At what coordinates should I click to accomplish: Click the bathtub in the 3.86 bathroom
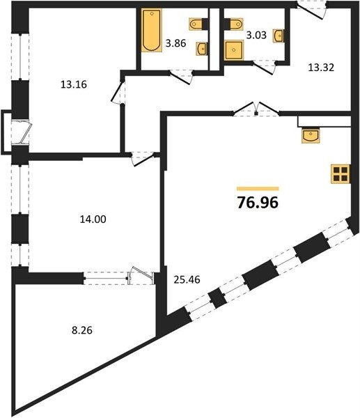[152, 30]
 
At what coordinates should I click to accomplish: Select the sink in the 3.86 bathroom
[202, 49]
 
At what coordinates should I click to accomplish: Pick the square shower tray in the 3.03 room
[234, 50]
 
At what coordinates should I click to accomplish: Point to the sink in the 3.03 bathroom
[279, 36]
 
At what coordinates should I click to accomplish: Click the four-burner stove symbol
[341, 174]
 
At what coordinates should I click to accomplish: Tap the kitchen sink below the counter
[311, 135]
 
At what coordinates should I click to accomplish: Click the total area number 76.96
[258, 202]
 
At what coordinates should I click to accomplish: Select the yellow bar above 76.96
[258, 189]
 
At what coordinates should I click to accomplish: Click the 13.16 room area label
[74, 84]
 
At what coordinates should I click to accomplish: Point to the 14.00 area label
[93, 219]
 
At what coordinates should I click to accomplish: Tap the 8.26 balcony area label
[82, 330]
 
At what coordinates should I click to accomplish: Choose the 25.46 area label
[187, 279]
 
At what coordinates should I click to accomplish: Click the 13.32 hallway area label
[321, 68]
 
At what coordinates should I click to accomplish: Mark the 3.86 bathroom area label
[175, 43]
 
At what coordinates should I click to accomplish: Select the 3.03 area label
[256, 35]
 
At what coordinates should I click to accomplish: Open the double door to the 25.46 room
[256, 109]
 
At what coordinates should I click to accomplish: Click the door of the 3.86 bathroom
[181, 77]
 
